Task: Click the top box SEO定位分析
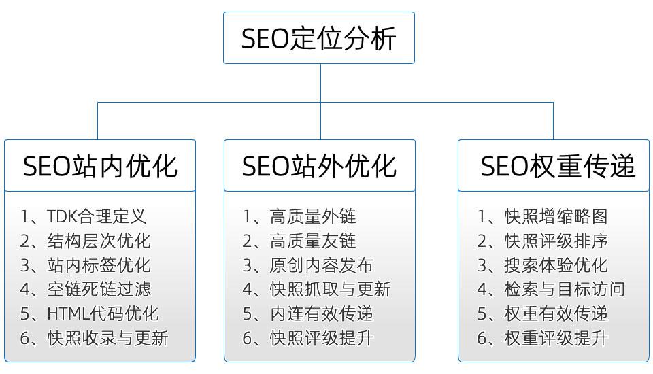(x=319, y=38)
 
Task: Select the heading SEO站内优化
(x=100, y=166)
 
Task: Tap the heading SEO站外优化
(x=319, y=166)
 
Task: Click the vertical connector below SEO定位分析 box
(x=320, y=83)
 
